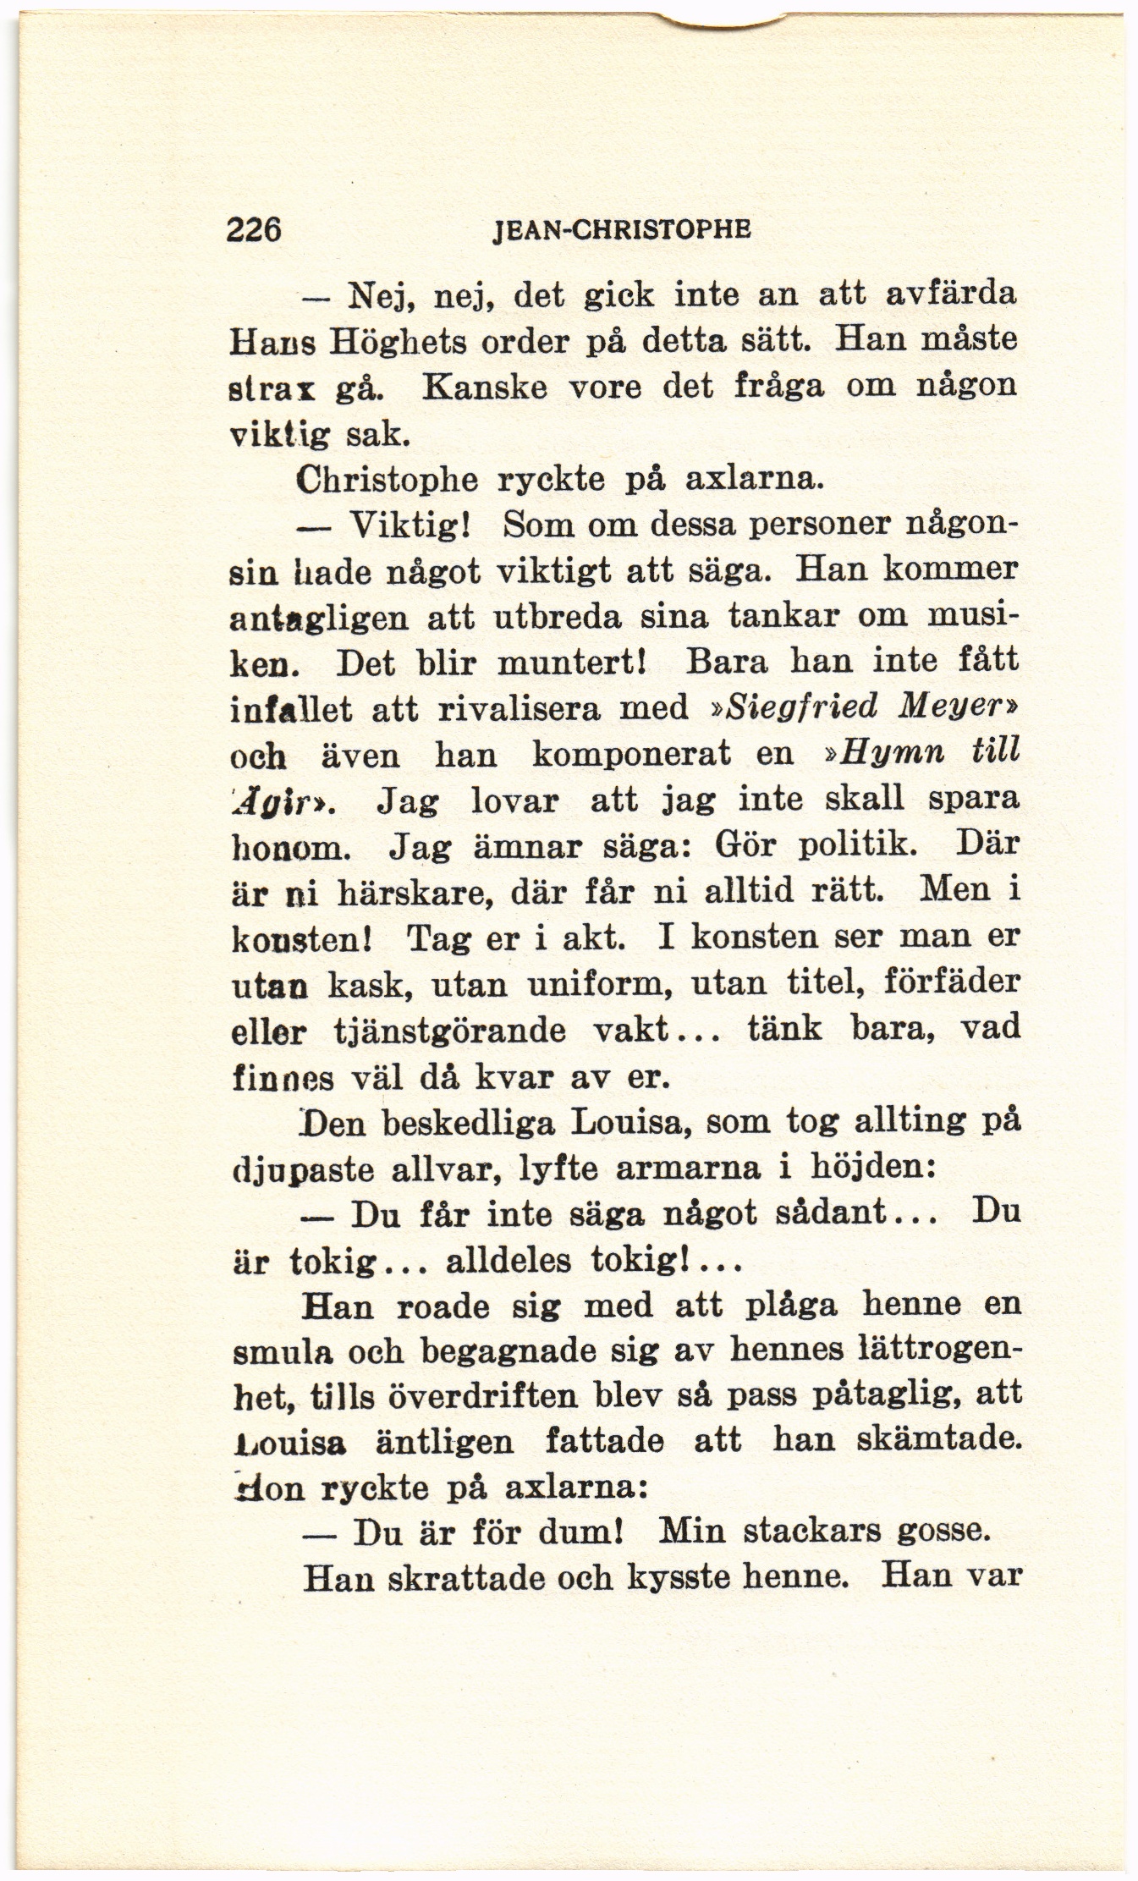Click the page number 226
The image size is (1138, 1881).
252,231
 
